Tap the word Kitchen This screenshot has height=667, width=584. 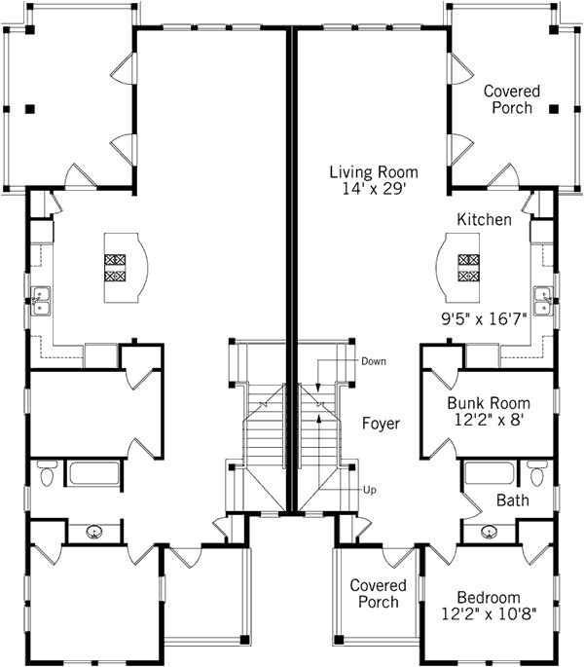pos(484,220)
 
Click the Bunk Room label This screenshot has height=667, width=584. pos(488,403)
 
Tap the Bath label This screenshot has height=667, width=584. pos(512,501)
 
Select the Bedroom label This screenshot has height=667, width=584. pos(488,598)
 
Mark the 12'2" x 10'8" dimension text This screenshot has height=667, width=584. pos(488,615)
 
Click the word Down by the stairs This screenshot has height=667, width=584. pos(374,361)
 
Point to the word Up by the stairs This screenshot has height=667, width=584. pos(370,489)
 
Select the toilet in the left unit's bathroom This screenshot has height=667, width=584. pos(48,476)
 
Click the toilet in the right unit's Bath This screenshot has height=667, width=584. pos(536,476)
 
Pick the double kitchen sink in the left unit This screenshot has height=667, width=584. pos(41,301)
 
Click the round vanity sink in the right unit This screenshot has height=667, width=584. pos(490,532)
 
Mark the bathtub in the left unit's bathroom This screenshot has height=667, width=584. pos(94,474)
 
